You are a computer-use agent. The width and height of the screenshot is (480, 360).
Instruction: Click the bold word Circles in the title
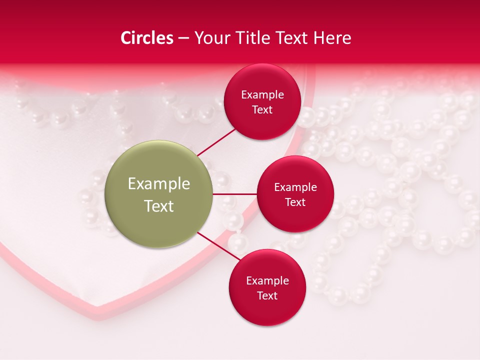tap(147, 38)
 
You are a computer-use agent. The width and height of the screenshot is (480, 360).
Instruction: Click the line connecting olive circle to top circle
tap(216, 141)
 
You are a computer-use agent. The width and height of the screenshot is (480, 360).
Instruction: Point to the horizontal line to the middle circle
tap(235, 194)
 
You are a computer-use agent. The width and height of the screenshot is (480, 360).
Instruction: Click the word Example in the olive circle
tap(159, 184)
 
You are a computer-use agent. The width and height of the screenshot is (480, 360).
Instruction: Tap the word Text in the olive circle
tap(159, 206)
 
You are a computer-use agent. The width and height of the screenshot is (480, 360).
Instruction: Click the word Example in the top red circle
tap(262, 95)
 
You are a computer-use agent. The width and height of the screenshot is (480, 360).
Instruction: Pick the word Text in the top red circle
tap(262, 110)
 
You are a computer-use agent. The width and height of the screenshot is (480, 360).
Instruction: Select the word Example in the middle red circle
tap(295, 187)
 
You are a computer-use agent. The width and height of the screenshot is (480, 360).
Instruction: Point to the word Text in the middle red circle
tap(295, 202)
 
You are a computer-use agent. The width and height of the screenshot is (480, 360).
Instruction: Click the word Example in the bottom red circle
tap(267, 281)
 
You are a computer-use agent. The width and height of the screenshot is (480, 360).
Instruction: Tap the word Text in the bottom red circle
tap(267, 296)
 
